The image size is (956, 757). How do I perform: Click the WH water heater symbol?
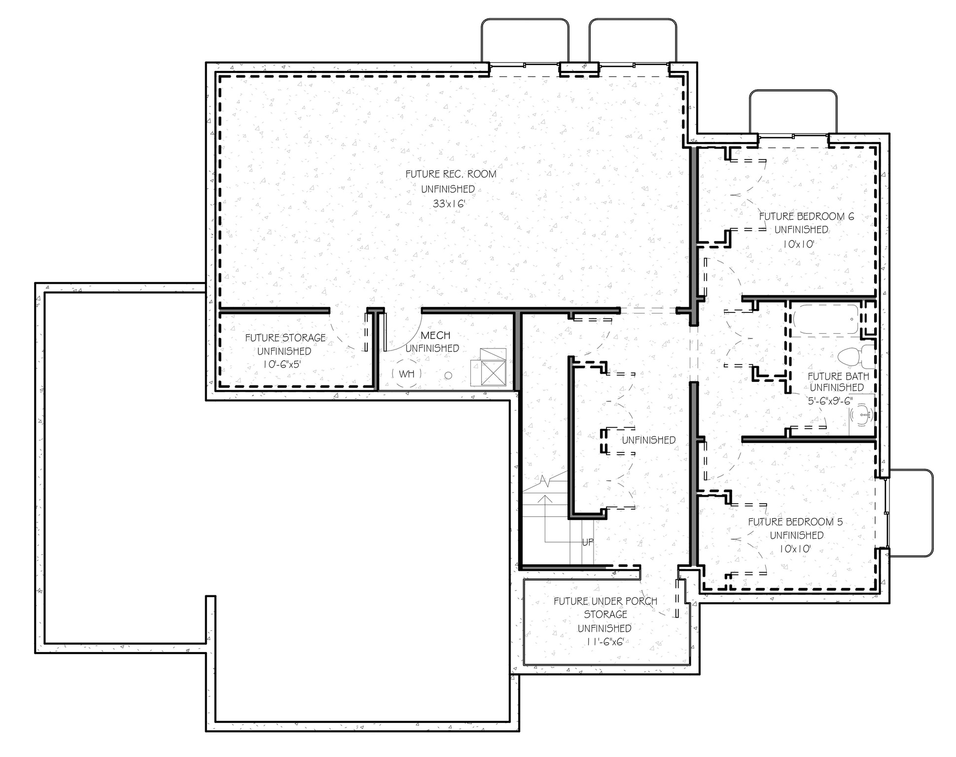pyautogui.click(x=406, y=374)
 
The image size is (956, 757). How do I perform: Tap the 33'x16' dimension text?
pyautogui.click(x=449, y=204)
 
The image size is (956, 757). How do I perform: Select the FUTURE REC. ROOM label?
pyautogui.click(x=451, y=174)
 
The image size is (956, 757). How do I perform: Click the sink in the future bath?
pyautogui.click(x=863, y=415)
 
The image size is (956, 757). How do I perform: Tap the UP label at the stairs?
pyautogui.click(x=588, y=542)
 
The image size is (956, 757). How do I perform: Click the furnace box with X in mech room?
pyautogui.click(x=494, y=373)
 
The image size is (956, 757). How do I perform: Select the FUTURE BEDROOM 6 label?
pyautogui.click(x=807, y=216)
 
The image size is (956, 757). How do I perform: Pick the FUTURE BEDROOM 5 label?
pyautogui.click(x=795, y=522)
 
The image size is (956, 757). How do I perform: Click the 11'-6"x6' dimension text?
pyautogui.click(x=605, y=642)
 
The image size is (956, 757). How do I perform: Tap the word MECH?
pyautogui.click(x=435, y=336)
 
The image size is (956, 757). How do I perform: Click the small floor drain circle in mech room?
pyautogui.click(x=448, y=376)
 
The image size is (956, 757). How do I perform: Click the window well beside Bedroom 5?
pyautogui.click(x=912, y=513)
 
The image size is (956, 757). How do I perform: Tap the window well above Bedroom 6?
pyautogui.click(x=793, y=112)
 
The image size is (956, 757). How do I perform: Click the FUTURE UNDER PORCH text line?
pyautogui.click(x=605, y=601)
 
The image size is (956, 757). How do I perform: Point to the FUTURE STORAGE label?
pyautogui.click(x=285, y=338)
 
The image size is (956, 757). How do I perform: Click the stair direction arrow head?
pyautogui.click(x=545, y=499)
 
